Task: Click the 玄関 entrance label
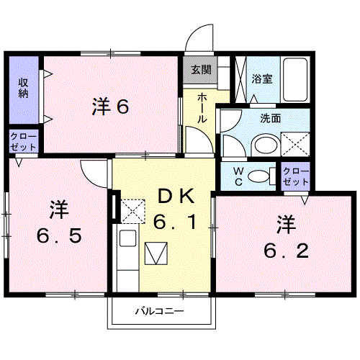coord(201,70)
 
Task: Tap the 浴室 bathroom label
coord(262,78)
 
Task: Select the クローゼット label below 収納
coord(23,140)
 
